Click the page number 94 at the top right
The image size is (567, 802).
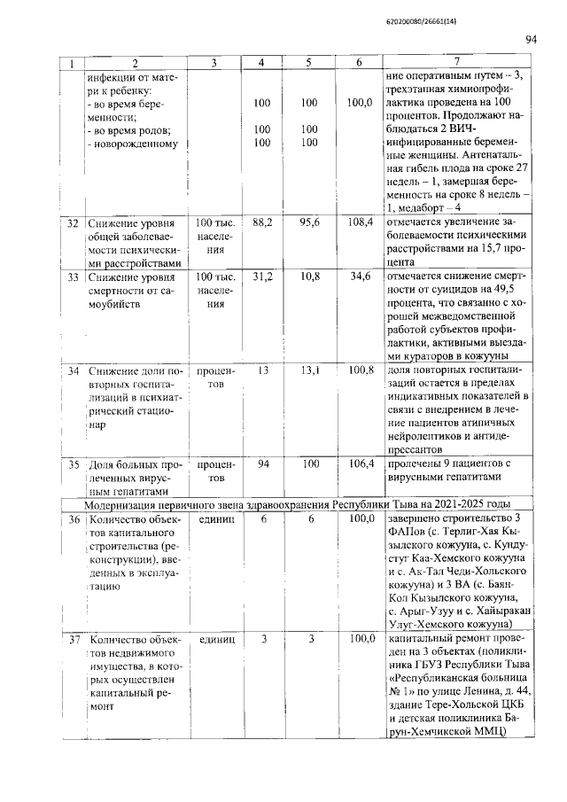click(x=532, y=38)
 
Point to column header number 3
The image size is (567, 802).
click(x=214, y=63)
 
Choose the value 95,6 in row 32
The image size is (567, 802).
click(x=309, y=223)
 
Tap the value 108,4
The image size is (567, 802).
click(x=359, y=223)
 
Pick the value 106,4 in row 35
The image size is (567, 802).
click(x=359, y=463)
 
